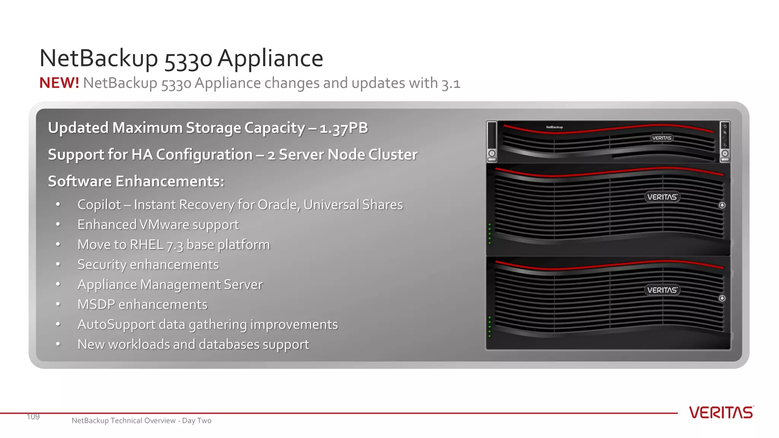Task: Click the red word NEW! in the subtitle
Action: (59, 83)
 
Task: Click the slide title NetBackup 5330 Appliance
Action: (181, 59)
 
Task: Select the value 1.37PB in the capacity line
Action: (343, 128)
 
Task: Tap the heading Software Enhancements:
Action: (136, 181)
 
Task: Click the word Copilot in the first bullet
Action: (99, 205)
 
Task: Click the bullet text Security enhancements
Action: (148, 265)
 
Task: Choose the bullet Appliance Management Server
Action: (170, 285)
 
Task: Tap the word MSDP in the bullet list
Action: (96, 305)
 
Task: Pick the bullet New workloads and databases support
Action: (193, 344)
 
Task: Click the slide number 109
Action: (33, 417)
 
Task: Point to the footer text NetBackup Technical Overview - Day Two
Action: (141, 421)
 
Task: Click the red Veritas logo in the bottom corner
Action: (721, 413)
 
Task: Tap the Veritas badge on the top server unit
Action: (661, 138)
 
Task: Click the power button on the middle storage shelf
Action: (722, 205)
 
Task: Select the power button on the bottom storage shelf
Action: (722, 298)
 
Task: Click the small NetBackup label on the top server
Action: (554, 127)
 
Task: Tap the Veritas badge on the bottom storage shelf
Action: (662, 290)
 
